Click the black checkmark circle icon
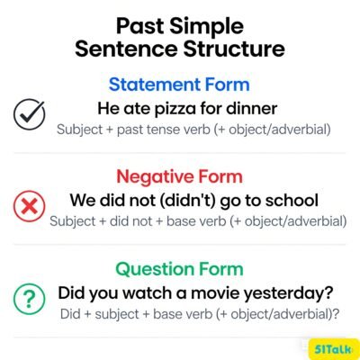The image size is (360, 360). pyautogui.click(x=29, y=114)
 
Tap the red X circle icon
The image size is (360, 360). pyautogui.click(x=29, y=206)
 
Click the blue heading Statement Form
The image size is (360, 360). pyautogui.click(x=180, y=85)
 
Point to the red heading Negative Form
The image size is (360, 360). pyautogui.click(x=180, y=176)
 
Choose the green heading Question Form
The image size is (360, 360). pyautogui.click(x=180, y=268)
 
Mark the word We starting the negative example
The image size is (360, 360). pyautogui.click(x=83, y=199)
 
